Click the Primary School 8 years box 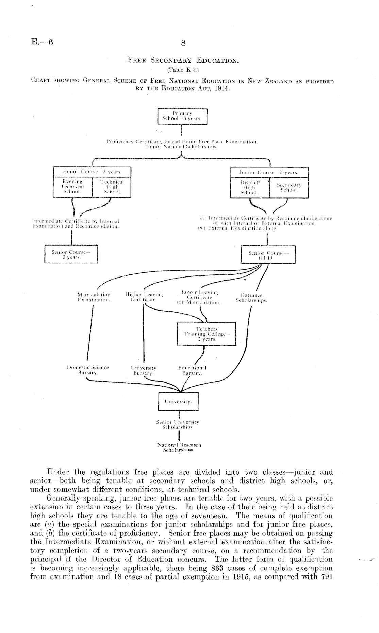tap(182, 116)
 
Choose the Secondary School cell tap(289, 187)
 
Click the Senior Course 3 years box tap(71, 254)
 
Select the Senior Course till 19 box tap(268, 255)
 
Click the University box tap(178, 401)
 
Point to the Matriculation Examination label tap(94, 297)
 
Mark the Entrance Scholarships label tap(251, 298)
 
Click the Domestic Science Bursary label tap(88, 370)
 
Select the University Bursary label tap(144, 370)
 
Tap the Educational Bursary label tap(192, 370)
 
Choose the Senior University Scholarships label tap(178, 424)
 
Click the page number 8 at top tap(183, 43)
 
